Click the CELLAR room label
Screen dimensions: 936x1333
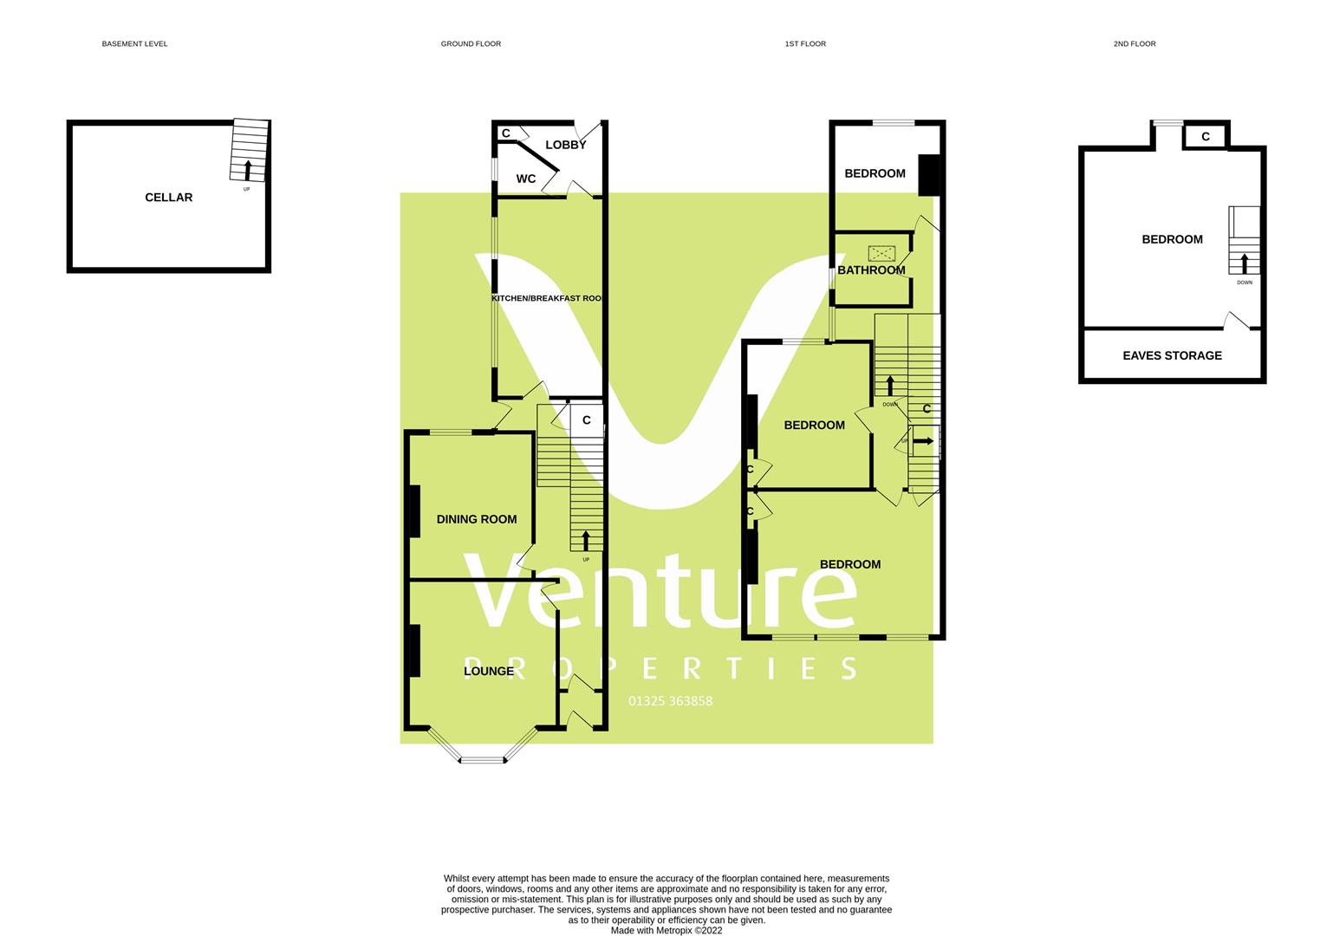pyautogui.click(x=168, y=198)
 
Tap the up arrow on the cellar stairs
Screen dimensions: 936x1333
pyautogui.click(x=248, y=169)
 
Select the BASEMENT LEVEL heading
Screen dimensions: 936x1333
pyautogui.click(x=134, y=43)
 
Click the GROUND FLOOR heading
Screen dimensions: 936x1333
pyautogui.click(x=471, y=43)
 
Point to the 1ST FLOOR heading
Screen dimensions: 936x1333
pyautogui.click(x=805, y=43)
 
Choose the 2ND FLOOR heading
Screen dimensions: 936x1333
pyautogui.click(x=1135, y=43)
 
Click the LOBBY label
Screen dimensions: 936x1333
pyautogui.click(x=566, y=145)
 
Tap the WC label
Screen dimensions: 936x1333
pyautogui.click(x=526, y=179)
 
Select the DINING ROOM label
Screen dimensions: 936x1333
pyautogui.click(x=477, y=519)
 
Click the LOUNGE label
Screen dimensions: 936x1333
pyautogui.click(x=489, y=671)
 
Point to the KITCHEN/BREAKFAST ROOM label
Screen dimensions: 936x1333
pyautogui.click(x=547, y=298)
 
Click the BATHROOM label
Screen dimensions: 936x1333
pyautogui.click(x=871, y=270)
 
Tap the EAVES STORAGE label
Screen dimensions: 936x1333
pyautogui.click(x=1172, y=355)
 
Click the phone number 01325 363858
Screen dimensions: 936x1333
pyautogui.click(x=670, y=701)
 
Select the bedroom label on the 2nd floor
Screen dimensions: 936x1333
pyautogui.click(x=1172, y=239)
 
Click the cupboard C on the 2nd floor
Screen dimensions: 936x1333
pyautogui.click(x=1206, y=136)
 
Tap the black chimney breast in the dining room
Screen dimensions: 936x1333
pyautogui.click(x=414, y=512)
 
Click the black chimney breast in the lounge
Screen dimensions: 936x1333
pyautogui.click(x=414, y=650)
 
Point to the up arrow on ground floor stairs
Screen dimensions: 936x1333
pyautogui.click(x=586, y=541)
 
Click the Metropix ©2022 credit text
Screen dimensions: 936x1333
pyautogui.click(x=666, y=931)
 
